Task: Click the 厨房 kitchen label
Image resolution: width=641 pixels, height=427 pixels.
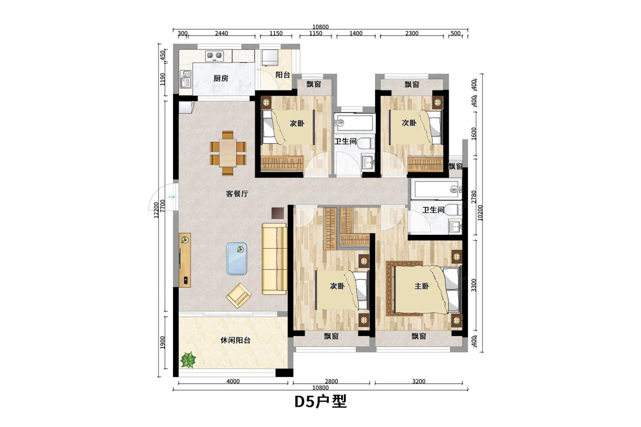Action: [221, 78]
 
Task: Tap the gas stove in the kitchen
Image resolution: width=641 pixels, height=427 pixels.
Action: [214, 55]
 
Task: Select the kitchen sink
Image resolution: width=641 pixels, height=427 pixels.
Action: [186, 79]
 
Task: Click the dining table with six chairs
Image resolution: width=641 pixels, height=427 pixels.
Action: [228, 153]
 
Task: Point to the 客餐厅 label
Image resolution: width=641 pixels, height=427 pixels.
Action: [237, 194]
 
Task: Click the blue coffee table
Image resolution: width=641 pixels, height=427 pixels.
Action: [237, 259]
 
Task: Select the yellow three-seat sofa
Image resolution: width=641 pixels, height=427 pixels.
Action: [274, 259]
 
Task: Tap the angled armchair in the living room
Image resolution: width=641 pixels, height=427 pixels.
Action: [239, 296]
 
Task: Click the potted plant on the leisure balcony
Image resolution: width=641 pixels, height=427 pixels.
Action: [188, 360]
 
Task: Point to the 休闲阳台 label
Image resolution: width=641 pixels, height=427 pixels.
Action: [235, 341]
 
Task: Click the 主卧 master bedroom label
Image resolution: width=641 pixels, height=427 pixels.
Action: [422, 286]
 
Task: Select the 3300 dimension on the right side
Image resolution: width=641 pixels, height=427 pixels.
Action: [474, 285]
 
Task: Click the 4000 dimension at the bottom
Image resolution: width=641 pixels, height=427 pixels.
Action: [233, 381]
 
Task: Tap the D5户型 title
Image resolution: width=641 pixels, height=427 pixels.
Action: [320, 401]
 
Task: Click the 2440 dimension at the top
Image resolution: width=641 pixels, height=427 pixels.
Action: [222, 33]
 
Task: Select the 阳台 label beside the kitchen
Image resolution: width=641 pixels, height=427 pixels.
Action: [283, 75]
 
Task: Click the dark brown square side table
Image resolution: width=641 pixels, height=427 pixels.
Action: [278, 213]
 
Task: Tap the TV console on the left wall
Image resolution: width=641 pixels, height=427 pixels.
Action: [185, 260]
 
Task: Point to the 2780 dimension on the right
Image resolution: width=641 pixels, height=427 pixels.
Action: [474, 197]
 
